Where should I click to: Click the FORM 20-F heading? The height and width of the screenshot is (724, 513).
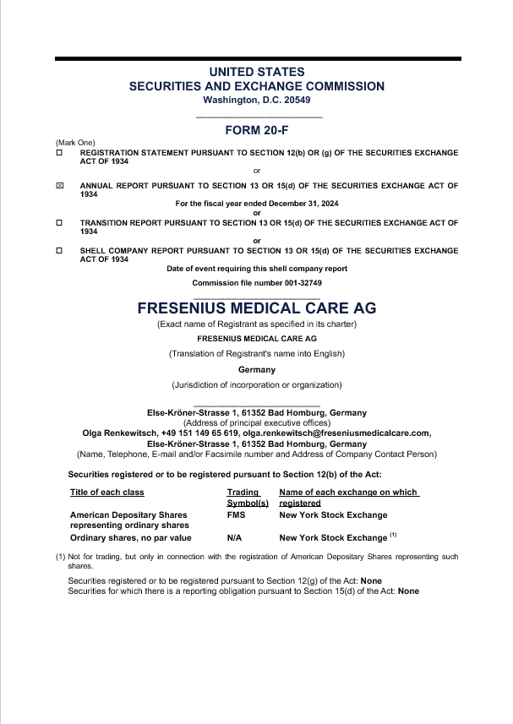(257, 130)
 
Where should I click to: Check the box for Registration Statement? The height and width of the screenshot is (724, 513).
(59, 153)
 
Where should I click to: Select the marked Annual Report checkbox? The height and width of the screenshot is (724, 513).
(59, 185)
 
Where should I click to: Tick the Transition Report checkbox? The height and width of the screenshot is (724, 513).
(59, 222)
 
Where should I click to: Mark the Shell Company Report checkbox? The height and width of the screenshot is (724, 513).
(59, 251)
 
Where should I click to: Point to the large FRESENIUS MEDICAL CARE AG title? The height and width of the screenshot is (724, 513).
(257, 308)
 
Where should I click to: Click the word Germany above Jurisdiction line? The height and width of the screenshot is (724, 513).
(257, 369)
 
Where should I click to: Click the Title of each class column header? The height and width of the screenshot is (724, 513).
(107, 493)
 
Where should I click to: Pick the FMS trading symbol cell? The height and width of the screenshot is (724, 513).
(236, 514)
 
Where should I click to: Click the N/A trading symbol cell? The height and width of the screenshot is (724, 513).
(236, 537)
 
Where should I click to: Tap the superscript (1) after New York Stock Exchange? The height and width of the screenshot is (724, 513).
(393, 535)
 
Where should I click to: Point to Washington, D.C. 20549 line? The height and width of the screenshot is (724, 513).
(257, 100)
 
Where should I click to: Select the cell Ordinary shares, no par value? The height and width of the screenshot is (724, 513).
(131, 537)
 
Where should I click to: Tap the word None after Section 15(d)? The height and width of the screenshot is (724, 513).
(408, 591)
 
